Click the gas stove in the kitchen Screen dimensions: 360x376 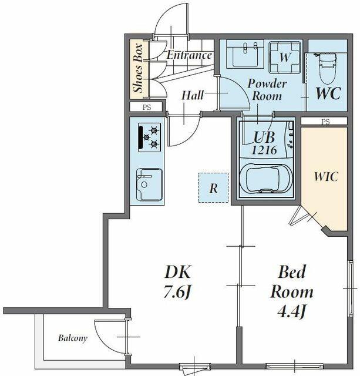(x=149, y=137)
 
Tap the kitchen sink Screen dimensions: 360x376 (x=149, y=184)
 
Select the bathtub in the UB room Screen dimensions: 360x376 (x=266, y=179)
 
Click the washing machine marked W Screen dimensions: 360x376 (x=285, y=58)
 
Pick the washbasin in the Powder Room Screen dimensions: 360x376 (x=245, y=54)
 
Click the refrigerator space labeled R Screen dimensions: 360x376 (x=213, y=188)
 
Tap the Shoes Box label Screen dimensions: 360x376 (x=139, y=68)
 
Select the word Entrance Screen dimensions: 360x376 (x=189, y=55)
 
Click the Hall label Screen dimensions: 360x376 (x=192, y=95)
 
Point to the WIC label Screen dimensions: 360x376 (x=326, y=176)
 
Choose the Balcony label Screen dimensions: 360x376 (x=73, y=338)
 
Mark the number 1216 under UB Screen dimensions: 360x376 (x=264, y=150)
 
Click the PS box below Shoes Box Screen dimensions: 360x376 (x=146, y=107)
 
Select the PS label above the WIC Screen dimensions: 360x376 (x=325, y=122)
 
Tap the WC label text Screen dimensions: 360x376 (x=328, y=93)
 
